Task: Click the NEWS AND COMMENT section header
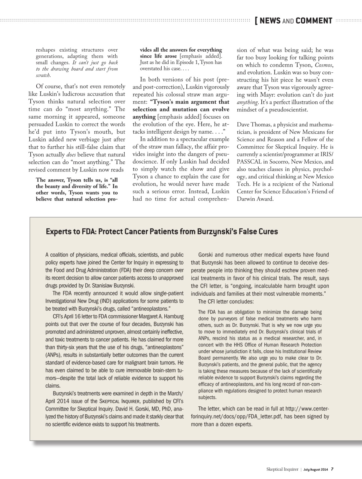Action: pyautogui.click(x=296, y=21)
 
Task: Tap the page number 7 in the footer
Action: pyautogui.click(x=332, y=469)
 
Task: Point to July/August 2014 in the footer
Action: pyautogui.click(x=316, y=469)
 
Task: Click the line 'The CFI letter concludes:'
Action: pyautogui.click(x=226, y=302)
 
